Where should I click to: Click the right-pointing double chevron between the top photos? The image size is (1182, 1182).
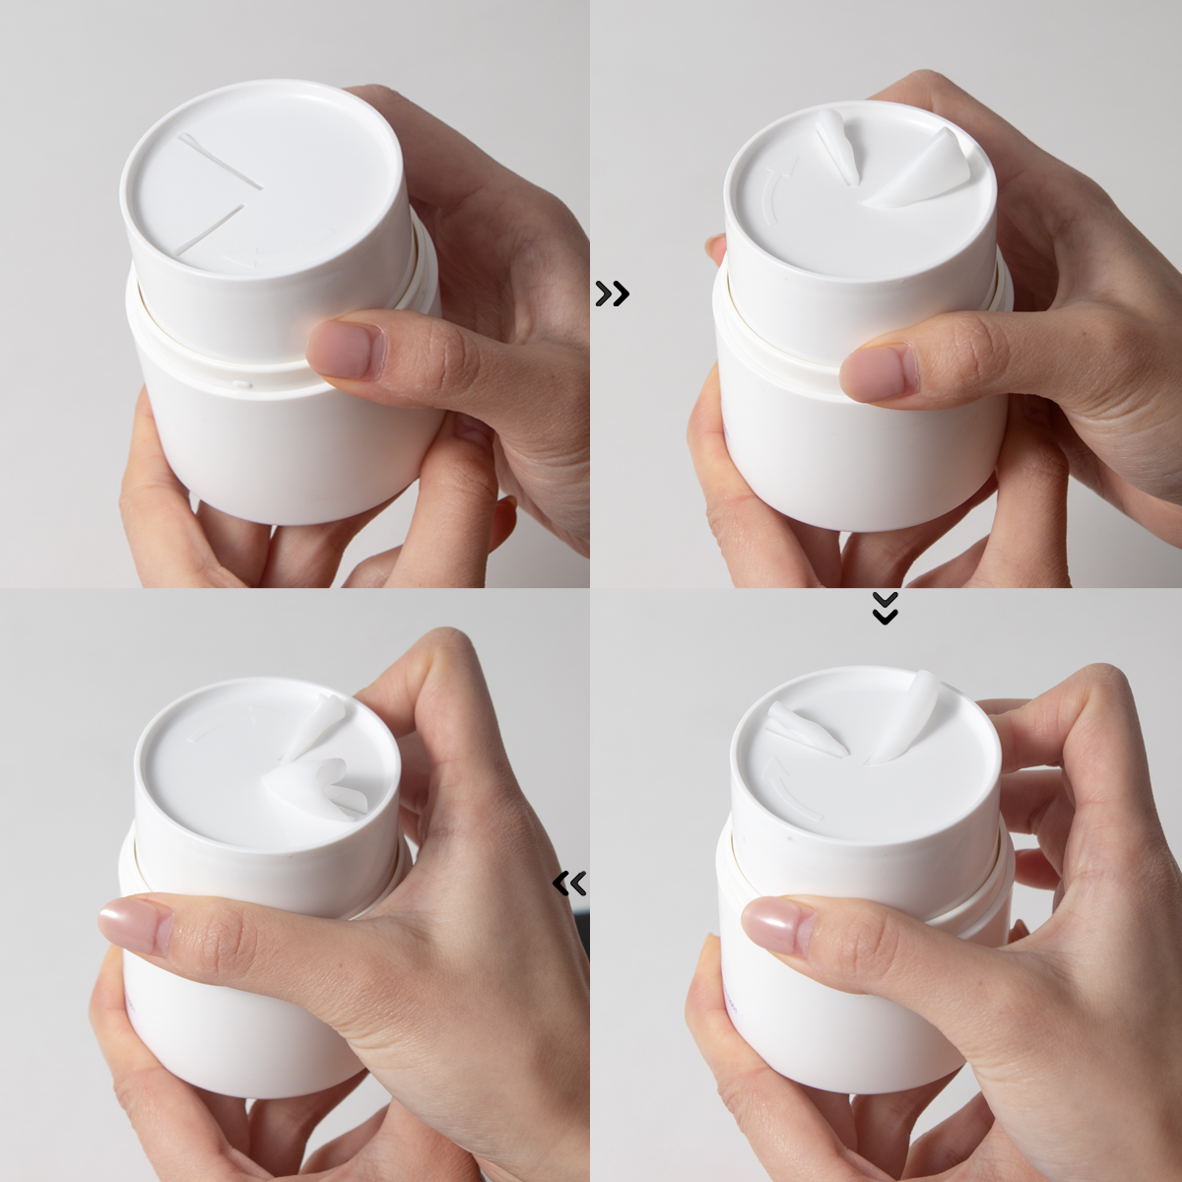(612, 294)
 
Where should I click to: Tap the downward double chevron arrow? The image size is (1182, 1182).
(886, 609)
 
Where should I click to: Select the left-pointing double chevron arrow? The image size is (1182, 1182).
(570, 884)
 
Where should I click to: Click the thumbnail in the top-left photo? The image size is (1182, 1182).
(346, 350)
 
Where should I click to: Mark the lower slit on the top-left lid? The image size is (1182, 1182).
(210, 232)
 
